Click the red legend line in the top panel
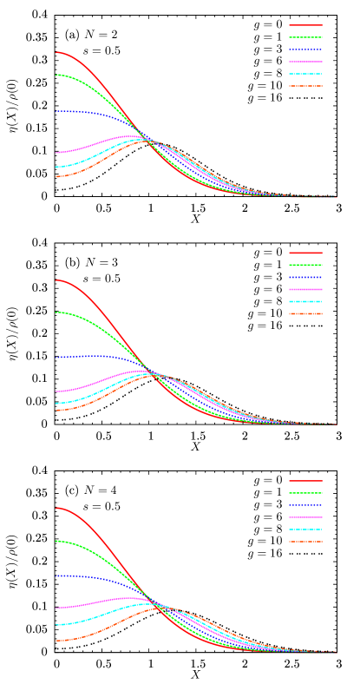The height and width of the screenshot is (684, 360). pos(305,25)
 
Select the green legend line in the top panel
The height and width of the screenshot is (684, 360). pos(305,37)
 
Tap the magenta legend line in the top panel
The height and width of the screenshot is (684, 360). pos(305,62)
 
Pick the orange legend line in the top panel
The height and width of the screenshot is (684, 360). pos(305,86)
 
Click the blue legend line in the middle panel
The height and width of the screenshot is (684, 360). pos(305,277)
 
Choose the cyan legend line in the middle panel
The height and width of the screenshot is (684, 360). pos(305,301)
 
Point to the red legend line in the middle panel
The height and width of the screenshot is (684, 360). pos(305,253)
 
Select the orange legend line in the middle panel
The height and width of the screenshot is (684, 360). pos(305,313)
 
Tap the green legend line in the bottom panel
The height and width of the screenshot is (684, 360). pos(305,493)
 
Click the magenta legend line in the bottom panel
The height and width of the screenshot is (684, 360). pos(305,517)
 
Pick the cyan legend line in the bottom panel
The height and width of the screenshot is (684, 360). pos(305,529)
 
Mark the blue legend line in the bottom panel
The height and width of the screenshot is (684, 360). pos(305,505)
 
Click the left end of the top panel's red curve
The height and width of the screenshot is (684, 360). pos(57,52)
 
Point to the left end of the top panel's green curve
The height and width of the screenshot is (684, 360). pos(57,75)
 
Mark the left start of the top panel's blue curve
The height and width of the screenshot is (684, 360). pos(57,111)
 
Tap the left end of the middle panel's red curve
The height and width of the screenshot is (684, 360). pos(57,280)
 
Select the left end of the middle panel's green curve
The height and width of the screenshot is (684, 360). pos(57,312)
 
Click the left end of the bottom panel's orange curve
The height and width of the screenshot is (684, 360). pos(57,641)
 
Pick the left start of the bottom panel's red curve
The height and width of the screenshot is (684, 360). pos(57,508)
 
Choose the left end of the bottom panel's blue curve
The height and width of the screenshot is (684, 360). pos(57,575)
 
